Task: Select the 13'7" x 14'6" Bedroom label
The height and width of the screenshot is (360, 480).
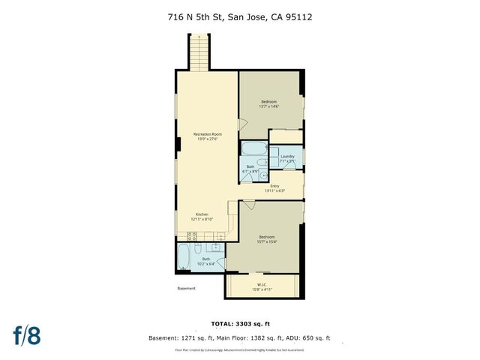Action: (x=269, y=103)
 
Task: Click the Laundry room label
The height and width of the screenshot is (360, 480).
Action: (x=287, y=158)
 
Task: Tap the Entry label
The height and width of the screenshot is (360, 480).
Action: (x=274, y=187)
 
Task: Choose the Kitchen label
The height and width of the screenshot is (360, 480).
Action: (x=201, y=216)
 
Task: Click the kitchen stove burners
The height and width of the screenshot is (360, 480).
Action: (x=192, y=234)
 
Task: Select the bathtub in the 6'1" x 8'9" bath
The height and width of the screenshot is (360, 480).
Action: (x=256, y=147)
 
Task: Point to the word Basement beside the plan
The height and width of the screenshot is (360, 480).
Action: (x=186, y=289)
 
